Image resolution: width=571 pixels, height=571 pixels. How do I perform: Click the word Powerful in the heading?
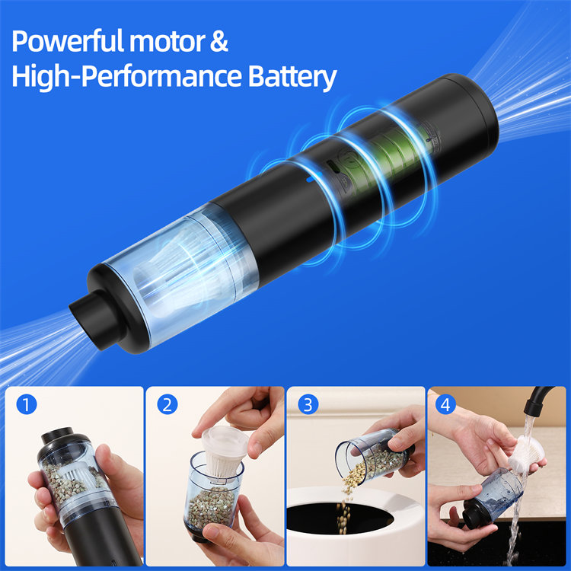68,41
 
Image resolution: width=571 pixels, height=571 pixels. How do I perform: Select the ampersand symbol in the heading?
219,41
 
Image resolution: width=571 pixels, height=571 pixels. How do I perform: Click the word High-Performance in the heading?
126,76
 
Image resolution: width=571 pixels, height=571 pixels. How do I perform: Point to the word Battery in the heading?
292,76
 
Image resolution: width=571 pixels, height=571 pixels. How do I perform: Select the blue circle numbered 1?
27,404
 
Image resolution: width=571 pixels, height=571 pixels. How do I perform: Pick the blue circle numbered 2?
167,404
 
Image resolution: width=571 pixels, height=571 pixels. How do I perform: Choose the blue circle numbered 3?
308,404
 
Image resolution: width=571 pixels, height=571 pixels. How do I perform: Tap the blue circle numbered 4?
445,404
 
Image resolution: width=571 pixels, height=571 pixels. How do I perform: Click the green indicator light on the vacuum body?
332,167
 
